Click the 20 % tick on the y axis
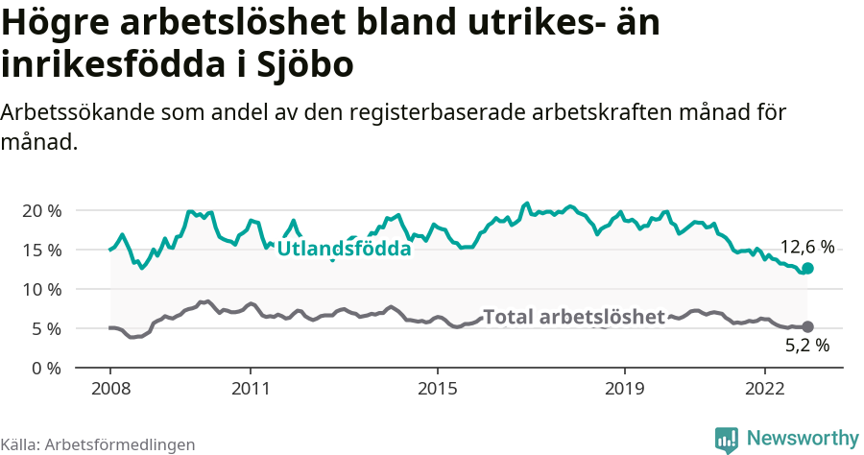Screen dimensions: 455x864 42,210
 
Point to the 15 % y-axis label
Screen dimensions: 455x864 42,250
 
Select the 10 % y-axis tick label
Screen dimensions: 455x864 42,289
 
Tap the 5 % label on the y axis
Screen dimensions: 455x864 47,328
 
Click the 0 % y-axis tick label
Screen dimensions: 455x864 47,368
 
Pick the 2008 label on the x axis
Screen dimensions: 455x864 109,390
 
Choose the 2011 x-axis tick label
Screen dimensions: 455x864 250,390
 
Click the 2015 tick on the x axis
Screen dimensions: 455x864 437,390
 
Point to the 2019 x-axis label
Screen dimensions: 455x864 625,390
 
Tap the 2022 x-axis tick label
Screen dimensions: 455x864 765,390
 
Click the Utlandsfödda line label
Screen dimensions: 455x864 344,249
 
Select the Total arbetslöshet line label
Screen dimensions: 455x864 574,317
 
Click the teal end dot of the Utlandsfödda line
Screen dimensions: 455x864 807,269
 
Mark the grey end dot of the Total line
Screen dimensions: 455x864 807,327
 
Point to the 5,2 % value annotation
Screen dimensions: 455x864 807,347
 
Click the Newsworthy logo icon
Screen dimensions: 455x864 727,439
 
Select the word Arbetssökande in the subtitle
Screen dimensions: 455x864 70,112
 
